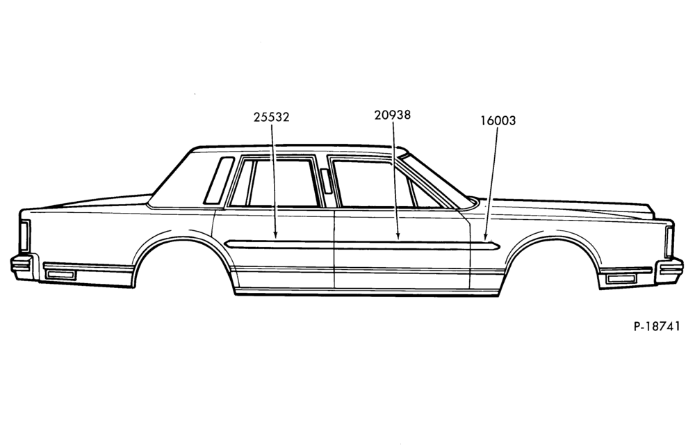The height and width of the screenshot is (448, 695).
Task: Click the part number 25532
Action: coord(271,117)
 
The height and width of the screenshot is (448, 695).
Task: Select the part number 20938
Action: coord(392,115)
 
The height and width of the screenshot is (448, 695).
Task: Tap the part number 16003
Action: coord(498,120)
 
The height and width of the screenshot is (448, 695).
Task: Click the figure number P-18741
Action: coord(657,326)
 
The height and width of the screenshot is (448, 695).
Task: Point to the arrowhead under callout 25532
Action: coord(275,234)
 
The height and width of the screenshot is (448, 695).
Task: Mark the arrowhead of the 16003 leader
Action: coord(486,237)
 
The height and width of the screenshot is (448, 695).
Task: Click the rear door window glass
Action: coord(284,183)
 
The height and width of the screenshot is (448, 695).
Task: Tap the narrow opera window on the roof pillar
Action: coord(219,180)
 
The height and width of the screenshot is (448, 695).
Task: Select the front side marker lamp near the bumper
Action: coord(621,278)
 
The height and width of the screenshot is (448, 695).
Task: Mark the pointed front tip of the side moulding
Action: coord(500,246)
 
